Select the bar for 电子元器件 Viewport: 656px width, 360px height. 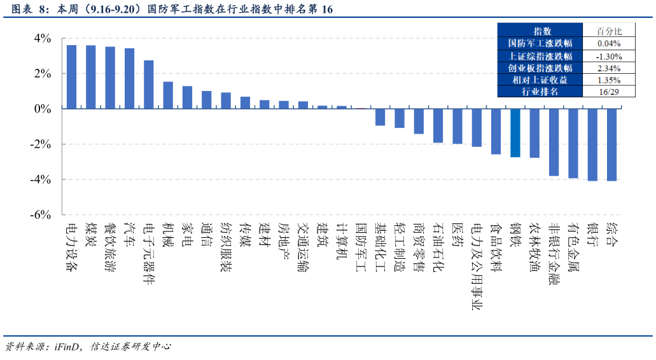(148, 85)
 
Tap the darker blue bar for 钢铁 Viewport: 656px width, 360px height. (515, 133)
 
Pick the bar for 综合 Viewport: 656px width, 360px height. (611, 145)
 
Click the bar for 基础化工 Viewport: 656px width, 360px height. (380, 117)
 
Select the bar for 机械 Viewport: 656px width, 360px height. (168, 95)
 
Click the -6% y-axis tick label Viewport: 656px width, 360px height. (39, 215)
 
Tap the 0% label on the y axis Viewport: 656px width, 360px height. (43, 109)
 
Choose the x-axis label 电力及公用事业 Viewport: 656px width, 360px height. (477, 267)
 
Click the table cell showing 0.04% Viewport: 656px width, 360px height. (608, 43)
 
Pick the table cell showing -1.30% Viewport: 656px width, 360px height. (608, 56)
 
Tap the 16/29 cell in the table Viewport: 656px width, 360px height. (608, 92)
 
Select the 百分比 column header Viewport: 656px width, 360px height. (608, 31)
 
